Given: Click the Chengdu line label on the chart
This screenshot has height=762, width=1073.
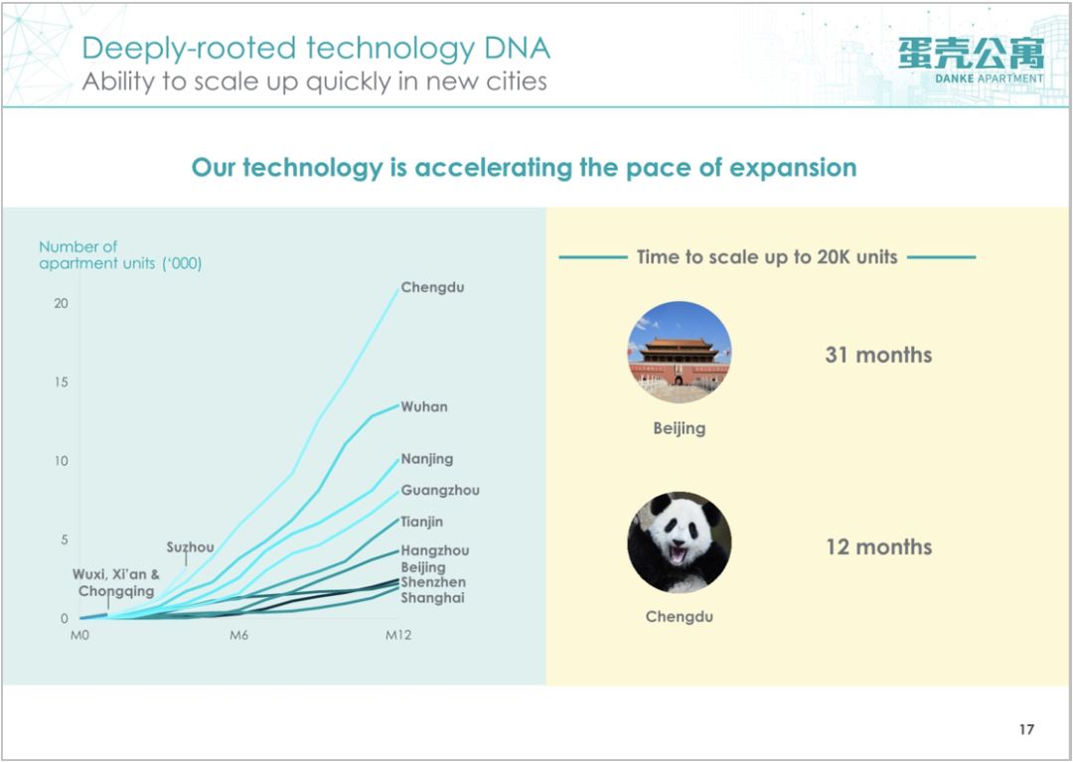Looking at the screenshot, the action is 432,288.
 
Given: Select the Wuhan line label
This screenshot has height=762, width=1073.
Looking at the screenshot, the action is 424,407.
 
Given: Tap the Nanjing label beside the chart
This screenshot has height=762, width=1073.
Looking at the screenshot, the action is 427,460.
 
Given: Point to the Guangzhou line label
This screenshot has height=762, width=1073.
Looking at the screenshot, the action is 440,491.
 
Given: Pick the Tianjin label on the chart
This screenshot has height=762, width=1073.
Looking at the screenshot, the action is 421,522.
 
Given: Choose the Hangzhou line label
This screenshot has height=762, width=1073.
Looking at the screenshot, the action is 435,550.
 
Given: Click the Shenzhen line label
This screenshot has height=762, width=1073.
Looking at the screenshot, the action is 433,582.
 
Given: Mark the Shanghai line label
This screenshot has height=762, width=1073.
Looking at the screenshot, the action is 432,598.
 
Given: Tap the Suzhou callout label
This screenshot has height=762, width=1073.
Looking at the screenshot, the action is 190,547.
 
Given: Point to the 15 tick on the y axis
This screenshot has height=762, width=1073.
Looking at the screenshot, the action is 62,381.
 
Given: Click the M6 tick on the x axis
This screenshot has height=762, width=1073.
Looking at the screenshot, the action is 238,636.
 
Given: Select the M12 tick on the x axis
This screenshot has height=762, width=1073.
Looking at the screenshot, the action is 398,636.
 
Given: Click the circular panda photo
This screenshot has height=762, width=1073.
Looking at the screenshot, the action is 680,542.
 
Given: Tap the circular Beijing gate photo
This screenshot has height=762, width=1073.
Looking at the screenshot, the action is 680,353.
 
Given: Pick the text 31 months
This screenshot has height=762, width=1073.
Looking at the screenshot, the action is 878,355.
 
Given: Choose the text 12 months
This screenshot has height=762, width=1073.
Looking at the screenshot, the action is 878,547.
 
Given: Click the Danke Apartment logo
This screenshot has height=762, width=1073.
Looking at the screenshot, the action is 972,61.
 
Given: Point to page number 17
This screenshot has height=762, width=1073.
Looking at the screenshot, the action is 1026,729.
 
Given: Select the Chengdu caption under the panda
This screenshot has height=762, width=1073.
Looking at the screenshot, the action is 680,617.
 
